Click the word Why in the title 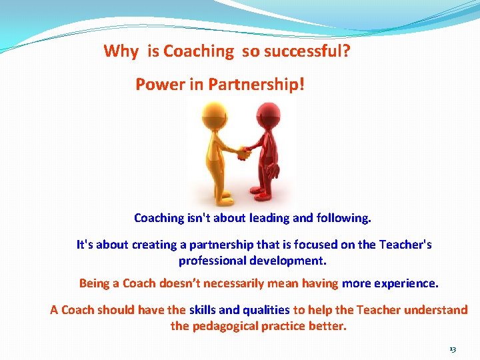pyautogui.click(x=121, y=51)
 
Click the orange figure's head pyautogui.click(x=215, y=111)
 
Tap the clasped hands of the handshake pyautogui.click(x=243, y=152)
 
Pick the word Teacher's pyautogui.click(x=405, y=245)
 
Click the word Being pyautogui.click(x=94, y=283)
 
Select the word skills pyautogui.click(x=202, y=310)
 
